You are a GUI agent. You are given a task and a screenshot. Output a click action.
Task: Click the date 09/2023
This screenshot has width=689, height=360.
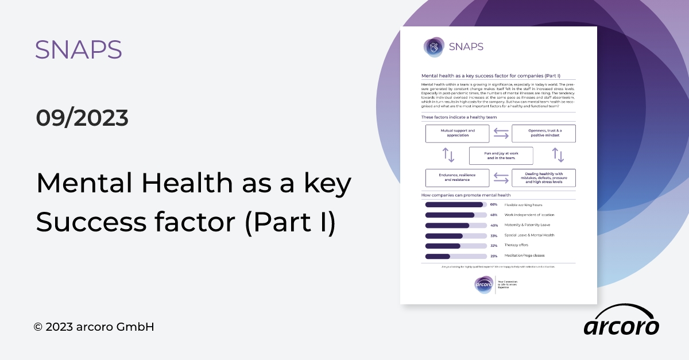point(82,118)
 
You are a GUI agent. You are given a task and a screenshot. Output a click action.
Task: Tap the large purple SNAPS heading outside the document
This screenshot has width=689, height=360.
point(78,51)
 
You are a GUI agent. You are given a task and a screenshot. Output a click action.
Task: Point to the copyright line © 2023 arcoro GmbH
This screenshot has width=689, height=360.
point(94,327)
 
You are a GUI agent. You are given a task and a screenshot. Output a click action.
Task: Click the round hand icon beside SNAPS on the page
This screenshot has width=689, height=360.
point(434,47)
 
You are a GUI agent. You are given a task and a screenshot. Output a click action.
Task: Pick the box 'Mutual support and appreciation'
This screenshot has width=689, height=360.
point(457,134)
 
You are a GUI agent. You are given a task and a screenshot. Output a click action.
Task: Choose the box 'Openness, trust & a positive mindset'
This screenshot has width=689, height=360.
point(544,134)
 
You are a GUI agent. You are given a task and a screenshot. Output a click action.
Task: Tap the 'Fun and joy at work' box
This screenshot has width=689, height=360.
point(501,156)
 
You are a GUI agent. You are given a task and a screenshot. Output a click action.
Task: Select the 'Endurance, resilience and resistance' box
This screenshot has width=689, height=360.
point(457,177)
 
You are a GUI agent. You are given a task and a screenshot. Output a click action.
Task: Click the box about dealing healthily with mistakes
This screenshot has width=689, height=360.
point(544,177)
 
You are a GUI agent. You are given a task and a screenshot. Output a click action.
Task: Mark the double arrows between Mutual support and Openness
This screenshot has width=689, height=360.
point(501,134)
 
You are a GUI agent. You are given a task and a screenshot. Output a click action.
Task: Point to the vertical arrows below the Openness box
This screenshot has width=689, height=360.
point(558,155)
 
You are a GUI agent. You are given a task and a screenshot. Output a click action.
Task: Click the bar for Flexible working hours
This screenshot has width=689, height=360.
point(454,204)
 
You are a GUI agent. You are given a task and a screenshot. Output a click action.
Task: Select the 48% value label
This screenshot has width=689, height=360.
point(494,215)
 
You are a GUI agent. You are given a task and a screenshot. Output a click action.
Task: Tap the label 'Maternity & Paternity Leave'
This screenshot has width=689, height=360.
point(527,225)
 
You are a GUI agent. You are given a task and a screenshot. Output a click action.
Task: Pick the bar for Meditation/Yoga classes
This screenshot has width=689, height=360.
point(438,256)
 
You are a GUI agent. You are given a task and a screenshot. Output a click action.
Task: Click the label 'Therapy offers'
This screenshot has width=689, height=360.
point(516,245)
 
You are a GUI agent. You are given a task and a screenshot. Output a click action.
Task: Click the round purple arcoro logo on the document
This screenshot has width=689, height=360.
point(483,284)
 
